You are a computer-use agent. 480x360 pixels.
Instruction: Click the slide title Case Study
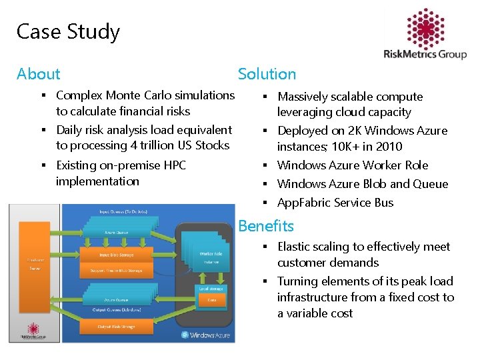(x=68, y=31)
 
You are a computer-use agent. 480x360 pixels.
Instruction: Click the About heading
(x=38, y=74)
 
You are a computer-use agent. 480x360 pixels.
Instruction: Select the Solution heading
(x=267, y=74)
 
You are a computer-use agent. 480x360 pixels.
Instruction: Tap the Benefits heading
(x=266, y=226)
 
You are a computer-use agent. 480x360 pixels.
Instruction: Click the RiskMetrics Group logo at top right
(x=425, y=36)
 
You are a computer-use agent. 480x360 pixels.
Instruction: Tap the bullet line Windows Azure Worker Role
(x=353, y=165)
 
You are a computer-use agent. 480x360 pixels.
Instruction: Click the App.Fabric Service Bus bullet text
(x=335, y=203)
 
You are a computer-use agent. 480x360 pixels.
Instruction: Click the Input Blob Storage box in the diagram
(x=116, y=254)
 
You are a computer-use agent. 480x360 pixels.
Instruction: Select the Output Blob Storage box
(x=116, y=326)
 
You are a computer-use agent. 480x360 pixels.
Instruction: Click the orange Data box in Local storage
(x=211, y=301)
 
